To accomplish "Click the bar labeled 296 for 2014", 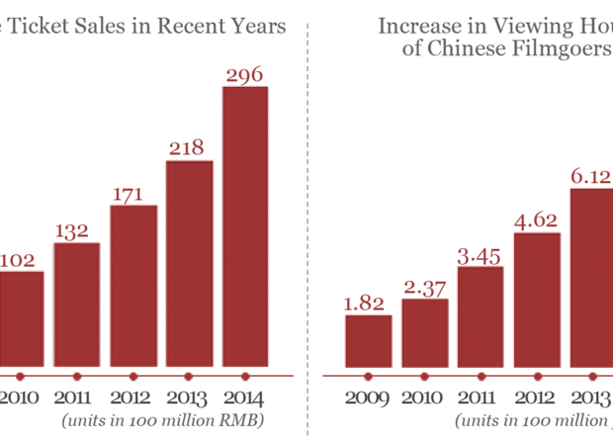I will [x=245, y=227].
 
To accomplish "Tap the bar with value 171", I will [x=132, y=287].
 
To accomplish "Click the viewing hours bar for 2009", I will [x=368, y=341].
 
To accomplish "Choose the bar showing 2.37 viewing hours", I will [x=424, y=332].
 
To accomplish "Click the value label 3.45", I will [x=480, y=255].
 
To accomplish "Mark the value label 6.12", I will [x=591, y=175].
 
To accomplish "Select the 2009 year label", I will [x=368, y=399].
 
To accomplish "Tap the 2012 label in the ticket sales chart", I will [x=132, y=399].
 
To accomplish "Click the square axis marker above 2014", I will [x=245, y=376].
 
